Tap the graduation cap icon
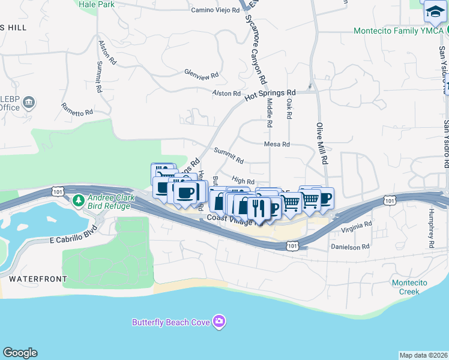434,11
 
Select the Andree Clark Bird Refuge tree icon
77,199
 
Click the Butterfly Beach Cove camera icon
220,322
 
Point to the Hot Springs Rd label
270,95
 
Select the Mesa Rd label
277,145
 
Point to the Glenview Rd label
201,76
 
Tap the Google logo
20,353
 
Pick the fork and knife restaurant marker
259,208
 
